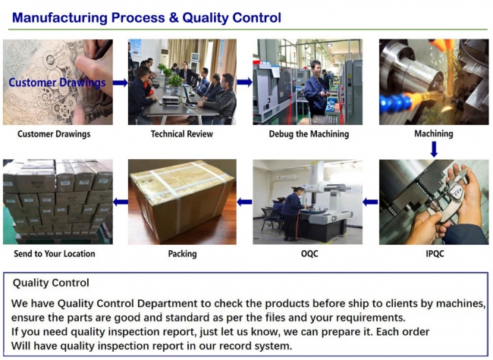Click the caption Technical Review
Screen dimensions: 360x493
coord(182,134)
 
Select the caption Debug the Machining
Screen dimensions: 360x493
coord(309,134)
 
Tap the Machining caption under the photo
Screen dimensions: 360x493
coord(433,134)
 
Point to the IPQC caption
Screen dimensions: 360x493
coord(433,254)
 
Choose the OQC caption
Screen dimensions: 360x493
coord(309,254)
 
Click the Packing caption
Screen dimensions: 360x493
coord(182,254)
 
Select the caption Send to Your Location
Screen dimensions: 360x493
coord(55,254)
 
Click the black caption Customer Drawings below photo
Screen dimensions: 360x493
coord(55,134)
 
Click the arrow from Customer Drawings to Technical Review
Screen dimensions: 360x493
coord(121,83)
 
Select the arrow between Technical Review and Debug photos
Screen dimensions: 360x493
coord(244,82)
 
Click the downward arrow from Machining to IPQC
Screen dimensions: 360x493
coord(434,149)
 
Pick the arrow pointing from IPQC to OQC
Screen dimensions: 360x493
coord(369,202)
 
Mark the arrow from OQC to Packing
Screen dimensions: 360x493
coord(244,202)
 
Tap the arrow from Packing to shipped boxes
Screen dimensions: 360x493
coord(121,202)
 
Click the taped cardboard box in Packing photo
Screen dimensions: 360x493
coord(182,199)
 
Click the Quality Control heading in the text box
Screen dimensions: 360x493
coord(51,283)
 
